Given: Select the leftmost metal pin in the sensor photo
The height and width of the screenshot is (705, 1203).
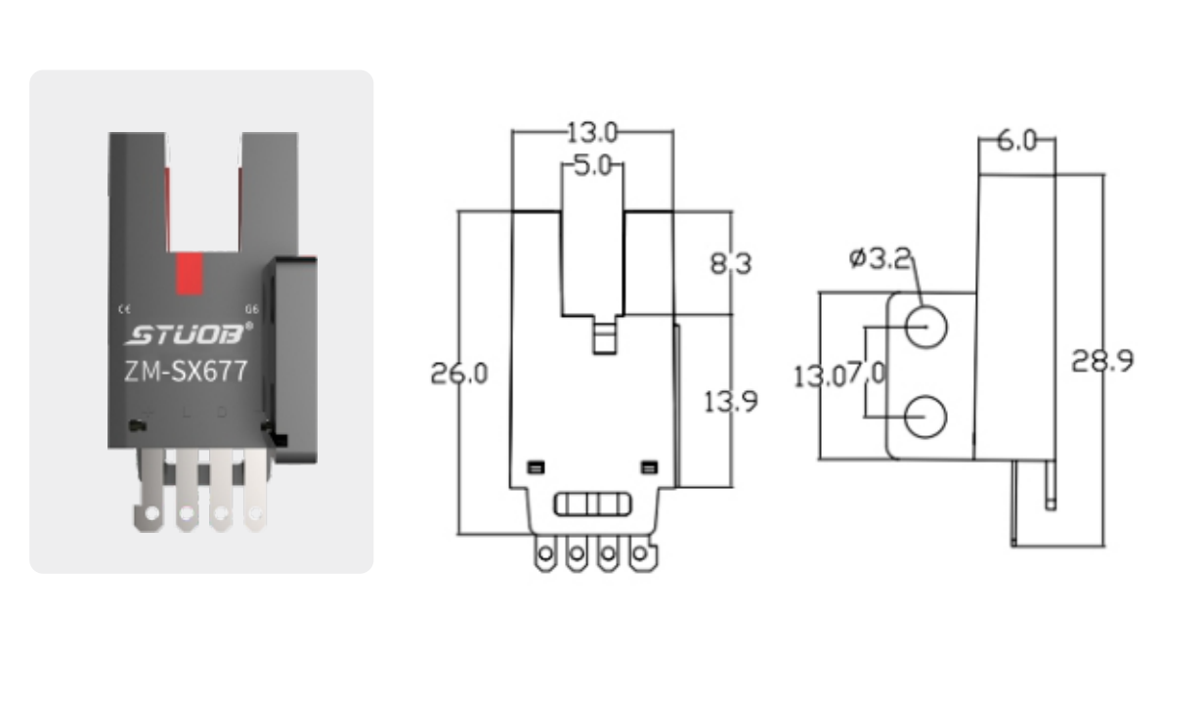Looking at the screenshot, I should (x=150, y=494).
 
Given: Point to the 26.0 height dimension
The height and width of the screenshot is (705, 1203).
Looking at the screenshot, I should (x=459, y=374).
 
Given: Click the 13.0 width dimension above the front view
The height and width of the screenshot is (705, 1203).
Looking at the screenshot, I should (x=592, y=131).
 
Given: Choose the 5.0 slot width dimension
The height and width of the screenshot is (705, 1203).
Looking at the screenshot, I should (x=592, y=166).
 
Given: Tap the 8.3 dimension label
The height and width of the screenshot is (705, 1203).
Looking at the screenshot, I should (x=731, y=263).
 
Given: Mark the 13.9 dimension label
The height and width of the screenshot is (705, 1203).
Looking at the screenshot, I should (x=731, y=401).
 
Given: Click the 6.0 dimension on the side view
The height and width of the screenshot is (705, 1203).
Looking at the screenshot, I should (x=1016, y=141).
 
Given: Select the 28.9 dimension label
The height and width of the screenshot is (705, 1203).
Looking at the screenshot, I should (x=1102, y=361).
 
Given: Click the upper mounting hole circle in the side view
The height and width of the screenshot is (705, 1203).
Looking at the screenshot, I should (x=925, y=326).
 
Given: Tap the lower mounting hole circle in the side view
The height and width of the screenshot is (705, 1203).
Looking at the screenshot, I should (x=925, y=418).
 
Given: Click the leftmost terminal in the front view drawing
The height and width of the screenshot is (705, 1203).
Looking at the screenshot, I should (x=545, y=555).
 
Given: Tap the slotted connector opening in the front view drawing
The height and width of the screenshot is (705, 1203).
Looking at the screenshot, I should (x=592, y=505).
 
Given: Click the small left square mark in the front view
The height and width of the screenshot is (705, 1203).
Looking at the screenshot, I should (x=535, y=467).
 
